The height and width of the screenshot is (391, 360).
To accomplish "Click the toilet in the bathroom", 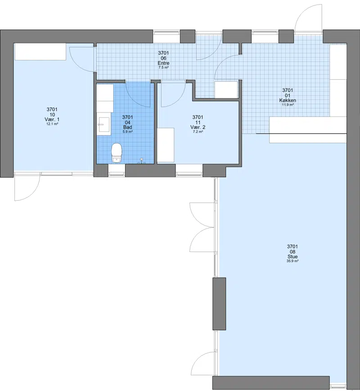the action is tap(117, 153).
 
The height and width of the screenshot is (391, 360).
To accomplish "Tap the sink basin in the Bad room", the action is tap(104, 125).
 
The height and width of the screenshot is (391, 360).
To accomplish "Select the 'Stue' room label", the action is tap(292, 256).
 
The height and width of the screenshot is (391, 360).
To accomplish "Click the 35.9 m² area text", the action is tap(292, 261).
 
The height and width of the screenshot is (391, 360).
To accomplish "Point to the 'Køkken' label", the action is tap(288, 100).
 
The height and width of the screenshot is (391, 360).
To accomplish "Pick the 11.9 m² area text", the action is tap(288, 105).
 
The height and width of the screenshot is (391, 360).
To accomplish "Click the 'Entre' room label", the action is tap(163, 63).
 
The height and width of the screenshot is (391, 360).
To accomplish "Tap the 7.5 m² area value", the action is tap(163, 67).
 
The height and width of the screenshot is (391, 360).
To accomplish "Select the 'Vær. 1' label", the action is tap(52, 119).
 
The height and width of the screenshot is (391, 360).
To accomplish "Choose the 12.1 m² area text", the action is tap(52, 124).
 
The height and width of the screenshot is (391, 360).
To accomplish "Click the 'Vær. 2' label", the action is tap(198, 127).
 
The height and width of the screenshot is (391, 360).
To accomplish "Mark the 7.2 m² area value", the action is tap(198, 131).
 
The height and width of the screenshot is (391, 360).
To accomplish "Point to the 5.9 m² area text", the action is tap(127, 131).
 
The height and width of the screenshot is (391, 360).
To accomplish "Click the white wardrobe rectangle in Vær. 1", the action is tap(40, 52).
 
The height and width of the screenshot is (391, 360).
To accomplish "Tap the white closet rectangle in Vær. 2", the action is tap(166, 145).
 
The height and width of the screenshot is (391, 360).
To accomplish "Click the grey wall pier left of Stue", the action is tap(219, 304).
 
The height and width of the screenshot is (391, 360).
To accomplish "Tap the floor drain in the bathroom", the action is tap(142, 161).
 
